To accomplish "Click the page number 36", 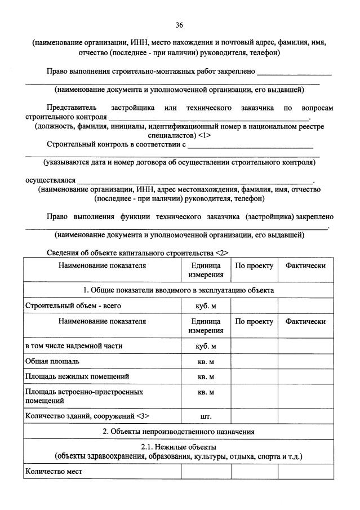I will [179, 25].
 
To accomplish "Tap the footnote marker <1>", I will [204, 136].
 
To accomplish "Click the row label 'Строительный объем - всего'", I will [73, 306].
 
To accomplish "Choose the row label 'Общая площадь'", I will [52, 360].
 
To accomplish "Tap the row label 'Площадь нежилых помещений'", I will [77, 376].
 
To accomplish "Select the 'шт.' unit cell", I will [206, 416].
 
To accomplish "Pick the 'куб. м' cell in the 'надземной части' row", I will [206, 345].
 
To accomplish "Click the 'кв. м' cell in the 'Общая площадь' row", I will [206, 361].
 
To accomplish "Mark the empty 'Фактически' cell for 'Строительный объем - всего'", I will [305, 306].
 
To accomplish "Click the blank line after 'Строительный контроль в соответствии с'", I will [251, 147].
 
